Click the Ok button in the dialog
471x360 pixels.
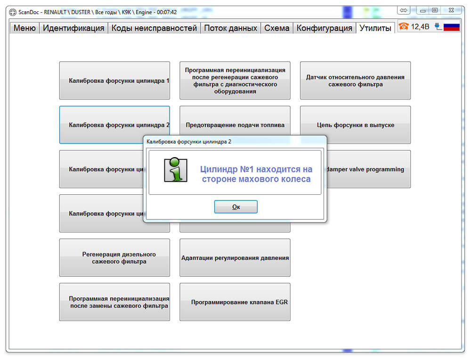pos(236,207)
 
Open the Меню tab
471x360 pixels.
pos(24,28)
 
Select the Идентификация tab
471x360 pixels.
pos(73,28)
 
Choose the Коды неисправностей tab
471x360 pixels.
pos(154,28)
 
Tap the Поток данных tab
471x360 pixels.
pos(231,28)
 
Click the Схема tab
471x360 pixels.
pos(276,28)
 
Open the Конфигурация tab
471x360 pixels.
pos(325,28)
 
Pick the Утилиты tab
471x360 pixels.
pos(375,28)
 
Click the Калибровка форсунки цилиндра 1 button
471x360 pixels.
pos(115,80)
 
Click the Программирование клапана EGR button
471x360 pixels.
pos(235,302)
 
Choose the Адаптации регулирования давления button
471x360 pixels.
pos(235,258)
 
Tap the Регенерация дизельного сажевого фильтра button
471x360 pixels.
pos(115,258)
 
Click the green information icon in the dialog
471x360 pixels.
pos(176,170)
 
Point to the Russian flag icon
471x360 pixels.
pos(452,27)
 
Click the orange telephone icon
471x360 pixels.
pos(404,27)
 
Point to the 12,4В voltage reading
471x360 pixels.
pos(420,27)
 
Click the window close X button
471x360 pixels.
pos(451,10)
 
